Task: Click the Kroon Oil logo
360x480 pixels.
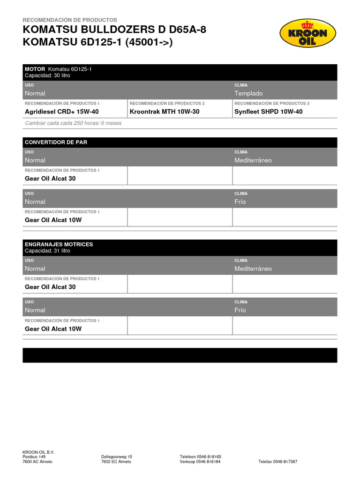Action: [307, 33]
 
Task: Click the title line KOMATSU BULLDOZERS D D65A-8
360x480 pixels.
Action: [114, 30]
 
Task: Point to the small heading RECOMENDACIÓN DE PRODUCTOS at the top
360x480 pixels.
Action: [70, 20]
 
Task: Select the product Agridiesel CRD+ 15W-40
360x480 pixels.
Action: [62, 112]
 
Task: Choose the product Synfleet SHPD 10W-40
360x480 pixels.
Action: [269, 112]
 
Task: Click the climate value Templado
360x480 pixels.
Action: [248, 93]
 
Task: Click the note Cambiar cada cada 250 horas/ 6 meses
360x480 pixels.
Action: [73, 123]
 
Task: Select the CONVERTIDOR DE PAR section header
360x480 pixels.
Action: [56, 142]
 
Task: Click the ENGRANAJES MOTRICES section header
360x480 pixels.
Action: [59, 244]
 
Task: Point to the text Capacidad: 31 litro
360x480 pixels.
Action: [47, 251]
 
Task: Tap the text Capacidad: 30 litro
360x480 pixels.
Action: [47, 75]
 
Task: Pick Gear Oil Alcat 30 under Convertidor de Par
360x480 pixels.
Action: [50, 179]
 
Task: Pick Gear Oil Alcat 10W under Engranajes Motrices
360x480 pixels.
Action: [53, 329]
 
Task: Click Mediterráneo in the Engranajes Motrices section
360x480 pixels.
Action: [253, 269]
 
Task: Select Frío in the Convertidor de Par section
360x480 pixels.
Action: [240, 202]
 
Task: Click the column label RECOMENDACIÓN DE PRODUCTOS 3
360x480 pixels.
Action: [272, 103]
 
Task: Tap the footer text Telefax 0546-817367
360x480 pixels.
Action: [277, 462]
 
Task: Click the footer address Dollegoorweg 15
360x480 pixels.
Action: [117, 457]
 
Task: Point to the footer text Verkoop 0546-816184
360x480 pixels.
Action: [200, 462]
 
